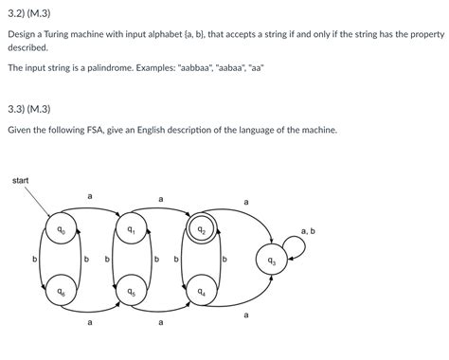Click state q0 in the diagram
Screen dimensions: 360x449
59,230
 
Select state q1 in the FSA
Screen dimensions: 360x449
131,230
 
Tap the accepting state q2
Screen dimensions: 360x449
201,230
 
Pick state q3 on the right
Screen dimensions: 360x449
272,260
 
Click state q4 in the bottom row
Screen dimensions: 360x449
201,293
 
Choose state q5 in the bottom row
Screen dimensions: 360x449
131,293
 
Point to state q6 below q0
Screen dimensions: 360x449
59,293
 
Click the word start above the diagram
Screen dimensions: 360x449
21,180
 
